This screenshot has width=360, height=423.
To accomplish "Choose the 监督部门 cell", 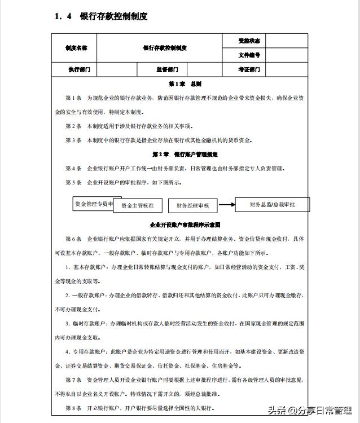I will tap(168, 70).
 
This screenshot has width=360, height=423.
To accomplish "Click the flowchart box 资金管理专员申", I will tap(94, 203).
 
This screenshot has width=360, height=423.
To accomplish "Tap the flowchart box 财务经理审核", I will tap(192, 206).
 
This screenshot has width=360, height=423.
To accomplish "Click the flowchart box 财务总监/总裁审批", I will tap(272, 205).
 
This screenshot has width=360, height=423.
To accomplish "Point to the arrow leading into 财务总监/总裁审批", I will tap(227, 205).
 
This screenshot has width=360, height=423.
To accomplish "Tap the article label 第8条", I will tap(74, 408).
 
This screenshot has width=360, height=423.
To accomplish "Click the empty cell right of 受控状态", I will tap(287, 41).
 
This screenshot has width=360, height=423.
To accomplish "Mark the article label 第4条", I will tap(74, 168).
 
